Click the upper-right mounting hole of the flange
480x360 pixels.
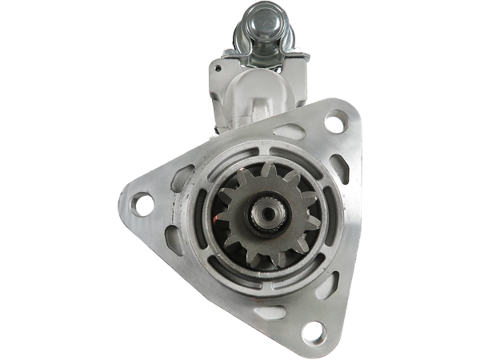pos(333,124)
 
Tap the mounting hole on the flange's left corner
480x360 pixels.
pos(142,204)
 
